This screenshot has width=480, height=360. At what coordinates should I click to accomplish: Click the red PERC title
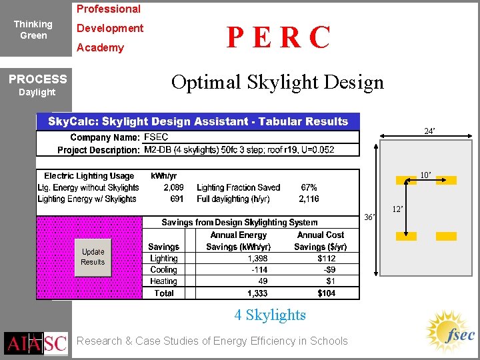coord(278,38)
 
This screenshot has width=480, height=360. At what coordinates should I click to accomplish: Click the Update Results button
coord(93,257)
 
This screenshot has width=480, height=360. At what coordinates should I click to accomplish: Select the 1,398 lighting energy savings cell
coord(257,259)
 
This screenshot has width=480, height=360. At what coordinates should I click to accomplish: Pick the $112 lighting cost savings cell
coord(327,259)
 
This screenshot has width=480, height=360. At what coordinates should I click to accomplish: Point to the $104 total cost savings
coord(327,293)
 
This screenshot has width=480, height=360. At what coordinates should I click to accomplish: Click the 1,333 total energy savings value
coord(257,293)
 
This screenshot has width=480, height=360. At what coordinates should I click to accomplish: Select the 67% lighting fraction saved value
coord(309,188)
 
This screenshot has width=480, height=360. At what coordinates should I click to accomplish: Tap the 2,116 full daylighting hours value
coord(308,199)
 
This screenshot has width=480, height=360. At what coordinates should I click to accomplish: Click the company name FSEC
coord(156,137)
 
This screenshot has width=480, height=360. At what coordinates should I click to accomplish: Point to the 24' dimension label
coord(430,131)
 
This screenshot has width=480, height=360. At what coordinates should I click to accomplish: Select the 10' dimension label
coord(425,175)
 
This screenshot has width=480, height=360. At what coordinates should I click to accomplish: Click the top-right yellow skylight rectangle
coord(446,180)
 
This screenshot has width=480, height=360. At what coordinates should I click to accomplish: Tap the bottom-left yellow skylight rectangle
coord(406,236)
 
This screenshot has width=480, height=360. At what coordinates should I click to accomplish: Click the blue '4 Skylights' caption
coord(270,315)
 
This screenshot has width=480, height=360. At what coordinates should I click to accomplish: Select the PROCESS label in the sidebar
coord(37,79)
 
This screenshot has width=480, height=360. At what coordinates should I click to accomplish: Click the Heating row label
coord(164,281)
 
